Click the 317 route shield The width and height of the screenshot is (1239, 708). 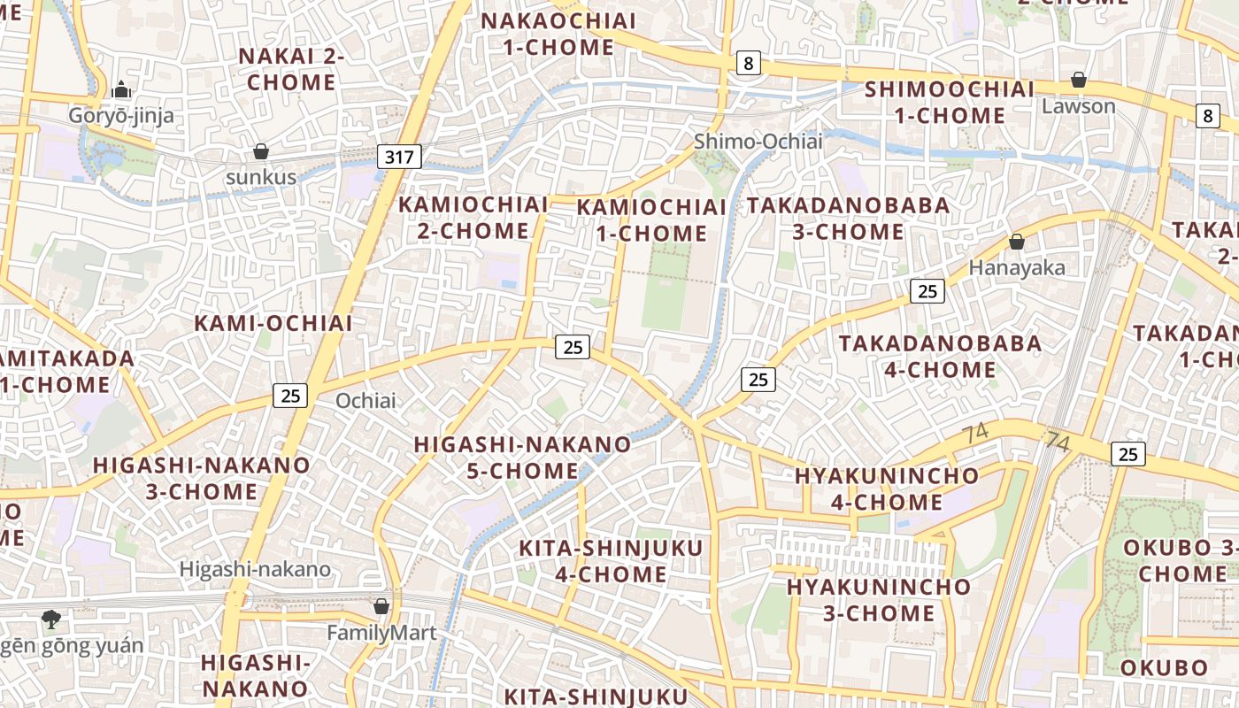[399, 158]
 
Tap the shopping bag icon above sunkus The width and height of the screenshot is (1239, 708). [260, 151]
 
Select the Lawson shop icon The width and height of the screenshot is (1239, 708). [1078, 81]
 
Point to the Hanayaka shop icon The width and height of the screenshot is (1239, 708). [1017, 242]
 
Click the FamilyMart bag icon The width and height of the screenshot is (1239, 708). [381, 606]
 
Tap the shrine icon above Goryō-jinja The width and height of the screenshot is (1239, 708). [121, 89]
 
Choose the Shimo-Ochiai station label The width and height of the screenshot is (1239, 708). [758, 141]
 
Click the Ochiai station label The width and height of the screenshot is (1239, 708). [366, 401]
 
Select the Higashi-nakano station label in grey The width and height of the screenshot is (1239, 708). [255, 569]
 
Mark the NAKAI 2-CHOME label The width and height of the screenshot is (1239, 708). [291, 69]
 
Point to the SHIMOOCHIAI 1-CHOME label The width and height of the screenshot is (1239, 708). [949, 102]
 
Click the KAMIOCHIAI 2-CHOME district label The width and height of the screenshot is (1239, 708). [473, 218]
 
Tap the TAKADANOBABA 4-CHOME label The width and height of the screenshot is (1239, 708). [940, 356]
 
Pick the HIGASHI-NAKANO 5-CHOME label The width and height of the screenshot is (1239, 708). [522, 457]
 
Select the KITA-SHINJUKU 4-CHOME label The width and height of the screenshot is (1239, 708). [611, 561]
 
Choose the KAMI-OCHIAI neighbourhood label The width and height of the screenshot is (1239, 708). [273, 323]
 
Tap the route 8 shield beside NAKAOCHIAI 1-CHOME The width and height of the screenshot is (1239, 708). [749, 63]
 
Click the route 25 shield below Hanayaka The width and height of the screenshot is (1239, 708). [927, 291]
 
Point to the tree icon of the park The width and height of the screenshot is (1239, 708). [51, 619]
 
